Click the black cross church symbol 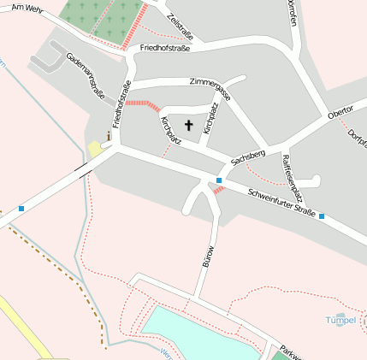(188, 125)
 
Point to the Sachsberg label (248, 156)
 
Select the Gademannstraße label (86, 76)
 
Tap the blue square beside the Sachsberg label (219, 180)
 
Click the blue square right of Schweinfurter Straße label (322, 216)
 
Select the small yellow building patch (95, 149)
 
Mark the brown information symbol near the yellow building (109, 135)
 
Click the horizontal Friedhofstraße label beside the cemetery (164, 49)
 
